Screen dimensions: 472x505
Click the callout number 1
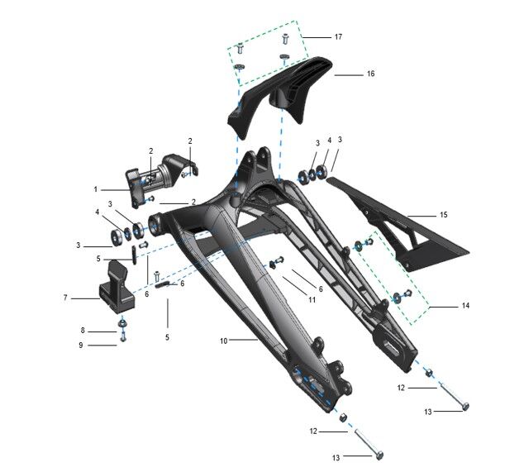pyautogui.click(x=96, y=188)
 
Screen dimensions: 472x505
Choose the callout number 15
pyautogui.click(x=444, y=215)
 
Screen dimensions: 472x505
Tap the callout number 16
pyautogui.click(x=371, y=74)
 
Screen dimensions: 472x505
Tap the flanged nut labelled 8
pyautogui.click(x=122, y=322)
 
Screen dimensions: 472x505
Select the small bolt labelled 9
pyautogui.click(x=122, y=337)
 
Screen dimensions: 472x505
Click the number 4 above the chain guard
pyautogui.click(x=329, y=141)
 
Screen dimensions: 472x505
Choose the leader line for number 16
pyautogui.click(x=347, y=74)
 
